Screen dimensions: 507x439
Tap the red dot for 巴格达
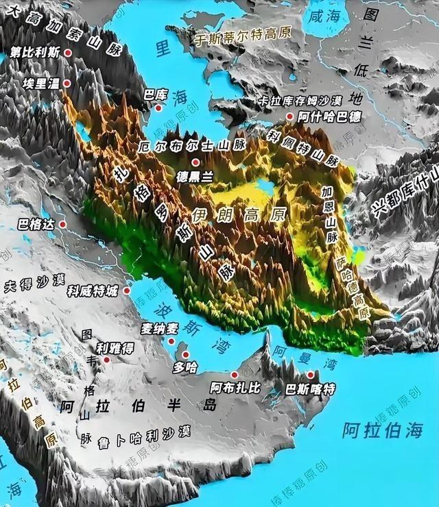click(62, 224)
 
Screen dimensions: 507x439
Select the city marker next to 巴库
click(158, 108)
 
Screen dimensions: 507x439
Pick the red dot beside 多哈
click(185, 354)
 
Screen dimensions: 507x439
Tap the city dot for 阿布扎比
click(235, 375)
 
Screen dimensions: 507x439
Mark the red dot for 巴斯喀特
click(311, 375)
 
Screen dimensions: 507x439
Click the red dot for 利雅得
click(106, 359)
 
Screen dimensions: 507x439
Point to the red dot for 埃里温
click(67, 82)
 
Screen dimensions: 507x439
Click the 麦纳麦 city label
click(159, 328)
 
